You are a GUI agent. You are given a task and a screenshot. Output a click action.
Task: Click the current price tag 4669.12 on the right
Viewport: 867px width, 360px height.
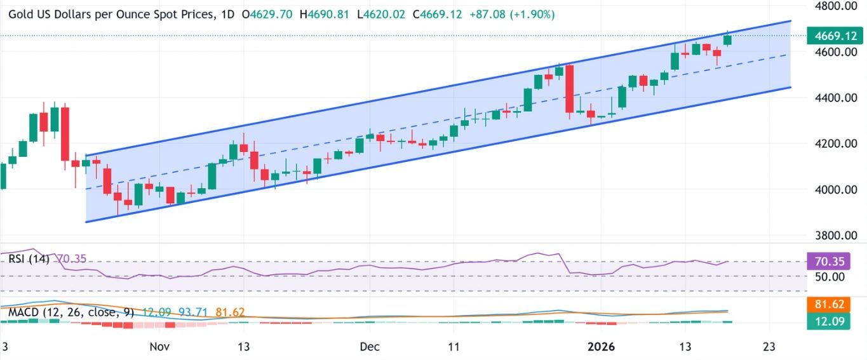833,36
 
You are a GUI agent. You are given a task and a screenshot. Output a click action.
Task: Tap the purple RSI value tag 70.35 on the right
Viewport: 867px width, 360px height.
833,261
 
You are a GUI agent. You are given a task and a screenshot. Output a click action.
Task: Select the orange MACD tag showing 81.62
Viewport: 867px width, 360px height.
833,304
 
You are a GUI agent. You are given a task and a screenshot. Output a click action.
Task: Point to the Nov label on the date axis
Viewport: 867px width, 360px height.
159,347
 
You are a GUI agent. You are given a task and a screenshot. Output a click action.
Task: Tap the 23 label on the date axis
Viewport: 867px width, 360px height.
770,347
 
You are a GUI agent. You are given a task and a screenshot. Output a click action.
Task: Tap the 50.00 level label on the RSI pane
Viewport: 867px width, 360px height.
831,277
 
